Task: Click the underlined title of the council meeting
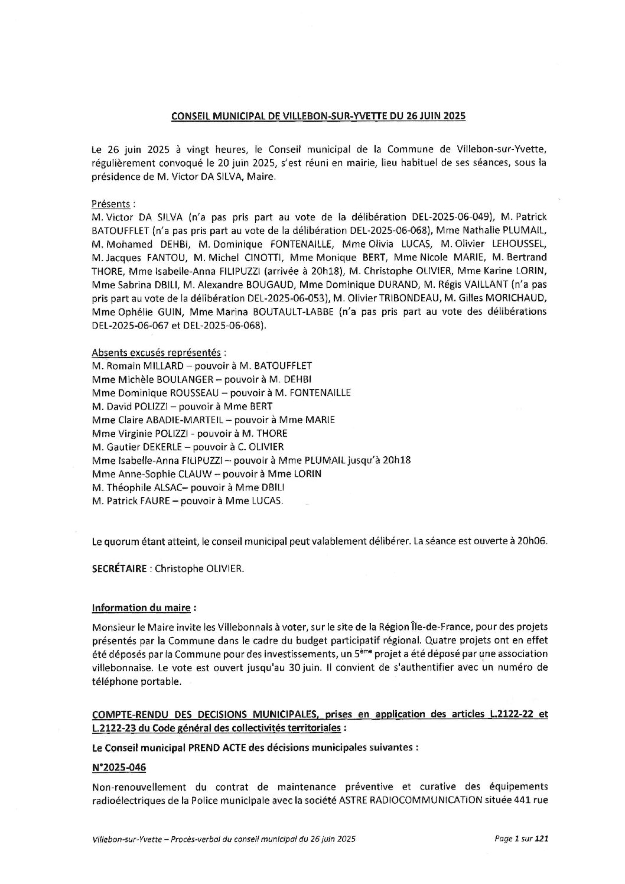[318, 116]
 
